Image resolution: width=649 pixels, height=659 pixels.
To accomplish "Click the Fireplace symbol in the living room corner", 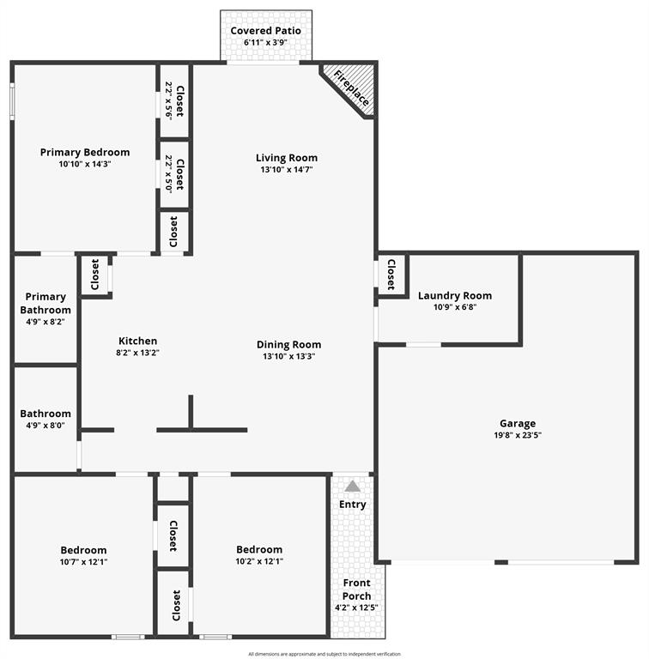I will click(x=349, y=88).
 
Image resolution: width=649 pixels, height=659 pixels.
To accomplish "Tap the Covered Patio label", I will click(x=265, y=31).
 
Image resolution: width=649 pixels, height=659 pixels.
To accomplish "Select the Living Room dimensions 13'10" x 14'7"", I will click(x=286, y=170).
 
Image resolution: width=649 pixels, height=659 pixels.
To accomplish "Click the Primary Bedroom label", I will click(x=85, y=153).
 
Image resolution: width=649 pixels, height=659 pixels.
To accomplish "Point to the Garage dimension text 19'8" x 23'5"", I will click(x=518, y=435).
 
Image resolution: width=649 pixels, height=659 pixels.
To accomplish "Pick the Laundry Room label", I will click(x=455, y=296).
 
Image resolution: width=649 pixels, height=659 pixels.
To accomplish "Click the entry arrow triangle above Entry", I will click(x=352, y=487).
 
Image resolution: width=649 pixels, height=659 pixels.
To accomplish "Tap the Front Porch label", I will click(x=356, y=589).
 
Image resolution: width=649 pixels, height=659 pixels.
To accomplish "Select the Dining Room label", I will click(x=288, y=345).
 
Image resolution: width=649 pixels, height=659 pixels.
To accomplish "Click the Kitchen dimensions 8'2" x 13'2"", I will click(x=138, y=353).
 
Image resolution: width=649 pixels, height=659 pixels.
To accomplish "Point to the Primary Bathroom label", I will click(x=46, y=304).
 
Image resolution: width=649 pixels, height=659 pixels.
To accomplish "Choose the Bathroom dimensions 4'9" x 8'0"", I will click(x=45, y=425).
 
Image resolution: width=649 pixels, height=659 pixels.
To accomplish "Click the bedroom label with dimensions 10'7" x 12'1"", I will click(x=83, y=550).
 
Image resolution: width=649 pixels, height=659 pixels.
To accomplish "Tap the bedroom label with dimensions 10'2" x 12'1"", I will click(x=259, y=549).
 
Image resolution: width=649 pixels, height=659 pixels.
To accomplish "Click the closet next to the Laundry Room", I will click(x=391, y=275).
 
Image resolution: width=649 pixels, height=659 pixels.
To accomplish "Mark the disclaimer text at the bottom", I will click(x=324, y=654).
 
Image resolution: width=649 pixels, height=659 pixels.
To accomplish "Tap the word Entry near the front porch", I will click(x=352, y=505).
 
